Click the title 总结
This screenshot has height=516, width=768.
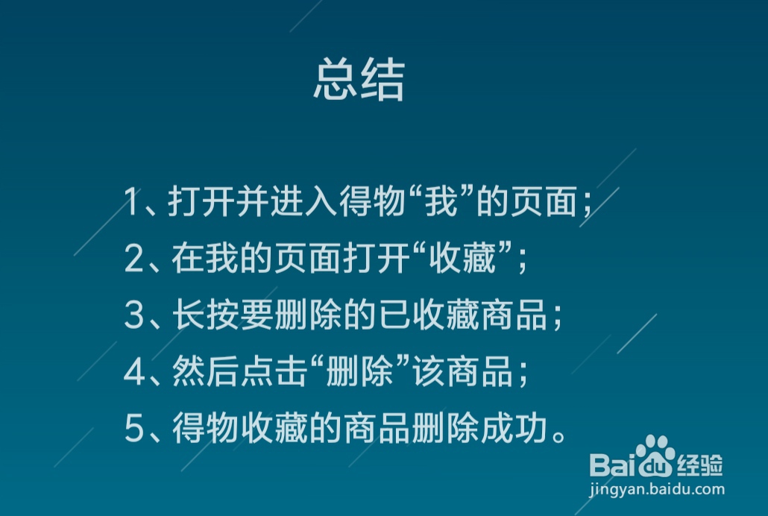tap(359, 81)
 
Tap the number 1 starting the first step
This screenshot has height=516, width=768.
tap(133, 203)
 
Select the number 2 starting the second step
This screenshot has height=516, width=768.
tap(134, 259)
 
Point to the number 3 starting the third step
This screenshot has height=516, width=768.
tap(134, 316)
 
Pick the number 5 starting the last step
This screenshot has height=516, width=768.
tap(134, 430)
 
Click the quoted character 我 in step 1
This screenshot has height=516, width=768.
tap(438, 203)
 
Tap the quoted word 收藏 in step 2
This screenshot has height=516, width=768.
tap(469, 259)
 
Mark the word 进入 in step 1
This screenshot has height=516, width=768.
tap(301, 203)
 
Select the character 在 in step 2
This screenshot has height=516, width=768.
tap(186, 259)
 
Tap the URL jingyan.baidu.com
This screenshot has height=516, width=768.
tap(656, 490)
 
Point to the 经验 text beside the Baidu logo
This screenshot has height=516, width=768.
tap(700, 465)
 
